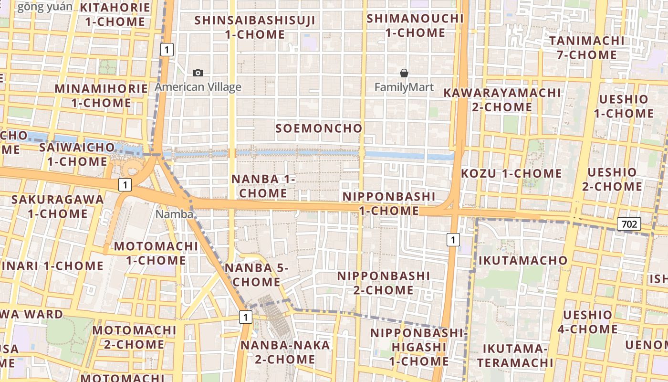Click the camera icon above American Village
198,73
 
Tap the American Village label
198,87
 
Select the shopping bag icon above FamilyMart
404,73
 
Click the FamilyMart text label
404,87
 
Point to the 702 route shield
628,223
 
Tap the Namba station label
175,214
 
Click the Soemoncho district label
319,128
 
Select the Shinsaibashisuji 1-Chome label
255,27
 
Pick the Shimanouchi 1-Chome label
415,25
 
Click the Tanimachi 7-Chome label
586,47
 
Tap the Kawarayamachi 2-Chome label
502,99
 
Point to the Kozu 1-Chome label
511,173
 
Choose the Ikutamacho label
522,260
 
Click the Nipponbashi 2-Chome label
384,283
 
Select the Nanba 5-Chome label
257,275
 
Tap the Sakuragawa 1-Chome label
57,206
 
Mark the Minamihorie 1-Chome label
101,95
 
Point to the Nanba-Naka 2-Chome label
285,352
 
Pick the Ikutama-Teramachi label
515,355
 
